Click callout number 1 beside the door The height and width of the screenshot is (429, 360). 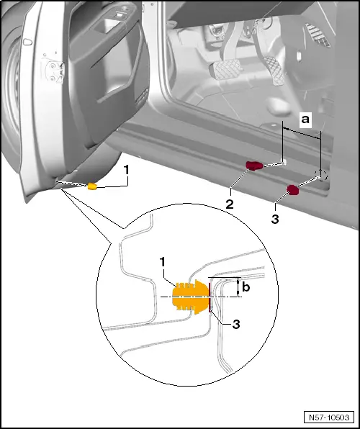126,171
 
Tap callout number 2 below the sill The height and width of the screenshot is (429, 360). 229,204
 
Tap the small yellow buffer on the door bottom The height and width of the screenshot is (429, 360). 92,186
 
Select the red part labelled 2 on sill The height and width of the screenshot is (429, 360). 255,166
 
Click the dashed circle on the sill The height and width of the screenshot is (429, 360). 321,176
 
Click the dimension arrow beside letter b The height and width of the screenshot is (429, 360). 238,287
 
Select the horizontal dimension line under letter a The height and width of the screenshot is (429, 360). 302,132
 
